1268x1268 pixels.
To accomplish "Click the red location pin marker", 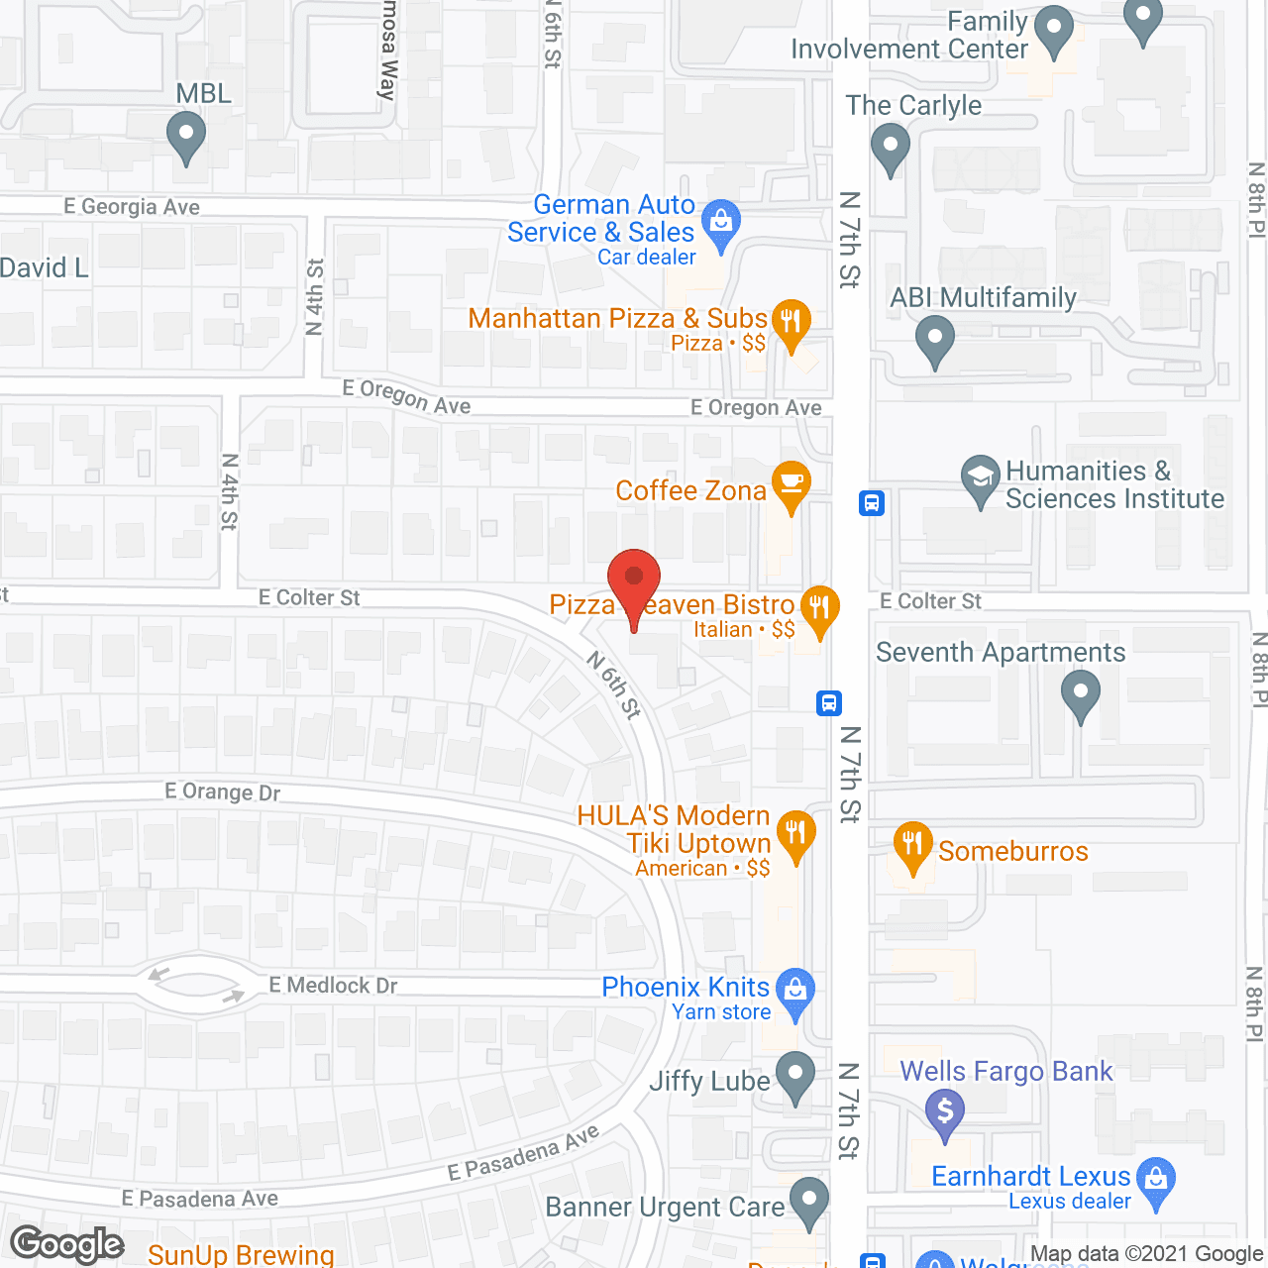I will [634, 580].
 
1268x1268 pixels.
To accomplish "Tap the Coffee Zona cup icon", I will [791, 483].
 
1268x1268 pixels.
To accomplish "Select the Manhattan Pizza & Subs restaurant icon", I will [791, 322].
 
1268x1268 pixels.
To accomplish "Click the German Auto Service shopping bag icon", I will [721, 223].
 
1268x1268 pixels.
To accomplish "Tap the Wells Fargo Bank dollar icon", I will [945, 1109].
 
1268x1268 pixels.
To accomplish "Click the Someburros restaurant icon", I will [912, 845].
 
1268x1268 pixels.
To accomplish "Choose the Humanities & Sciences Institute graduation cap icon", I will [980, 477].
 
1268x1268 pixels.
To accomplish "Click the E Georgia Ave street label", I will [132, 206].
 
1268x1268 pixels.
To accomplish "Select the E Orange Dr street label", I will [223, 792].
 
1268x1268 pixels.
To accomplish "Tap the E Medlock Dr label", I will [333, 985].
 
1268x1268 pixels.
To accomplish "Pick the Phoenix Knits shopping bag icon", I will [794, 990].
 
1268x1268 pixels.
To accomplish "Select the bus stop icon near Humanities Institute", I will [872, 503].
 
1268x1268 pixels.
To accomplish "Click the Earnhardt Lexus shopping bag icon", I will [1156, 1179].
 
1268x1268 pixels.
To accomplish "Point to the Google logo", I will [67, 1244].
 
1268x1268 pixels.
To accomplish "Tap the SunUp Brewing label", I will [241, 1254].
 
